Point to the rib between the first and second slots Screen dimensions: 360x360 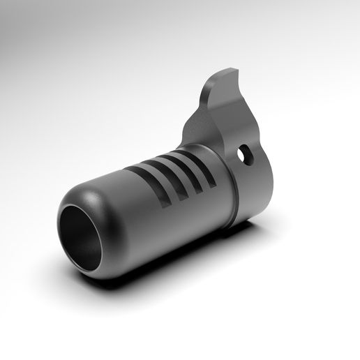[157, 183]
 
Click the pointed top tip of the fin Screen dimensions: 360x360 [232, 68]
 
